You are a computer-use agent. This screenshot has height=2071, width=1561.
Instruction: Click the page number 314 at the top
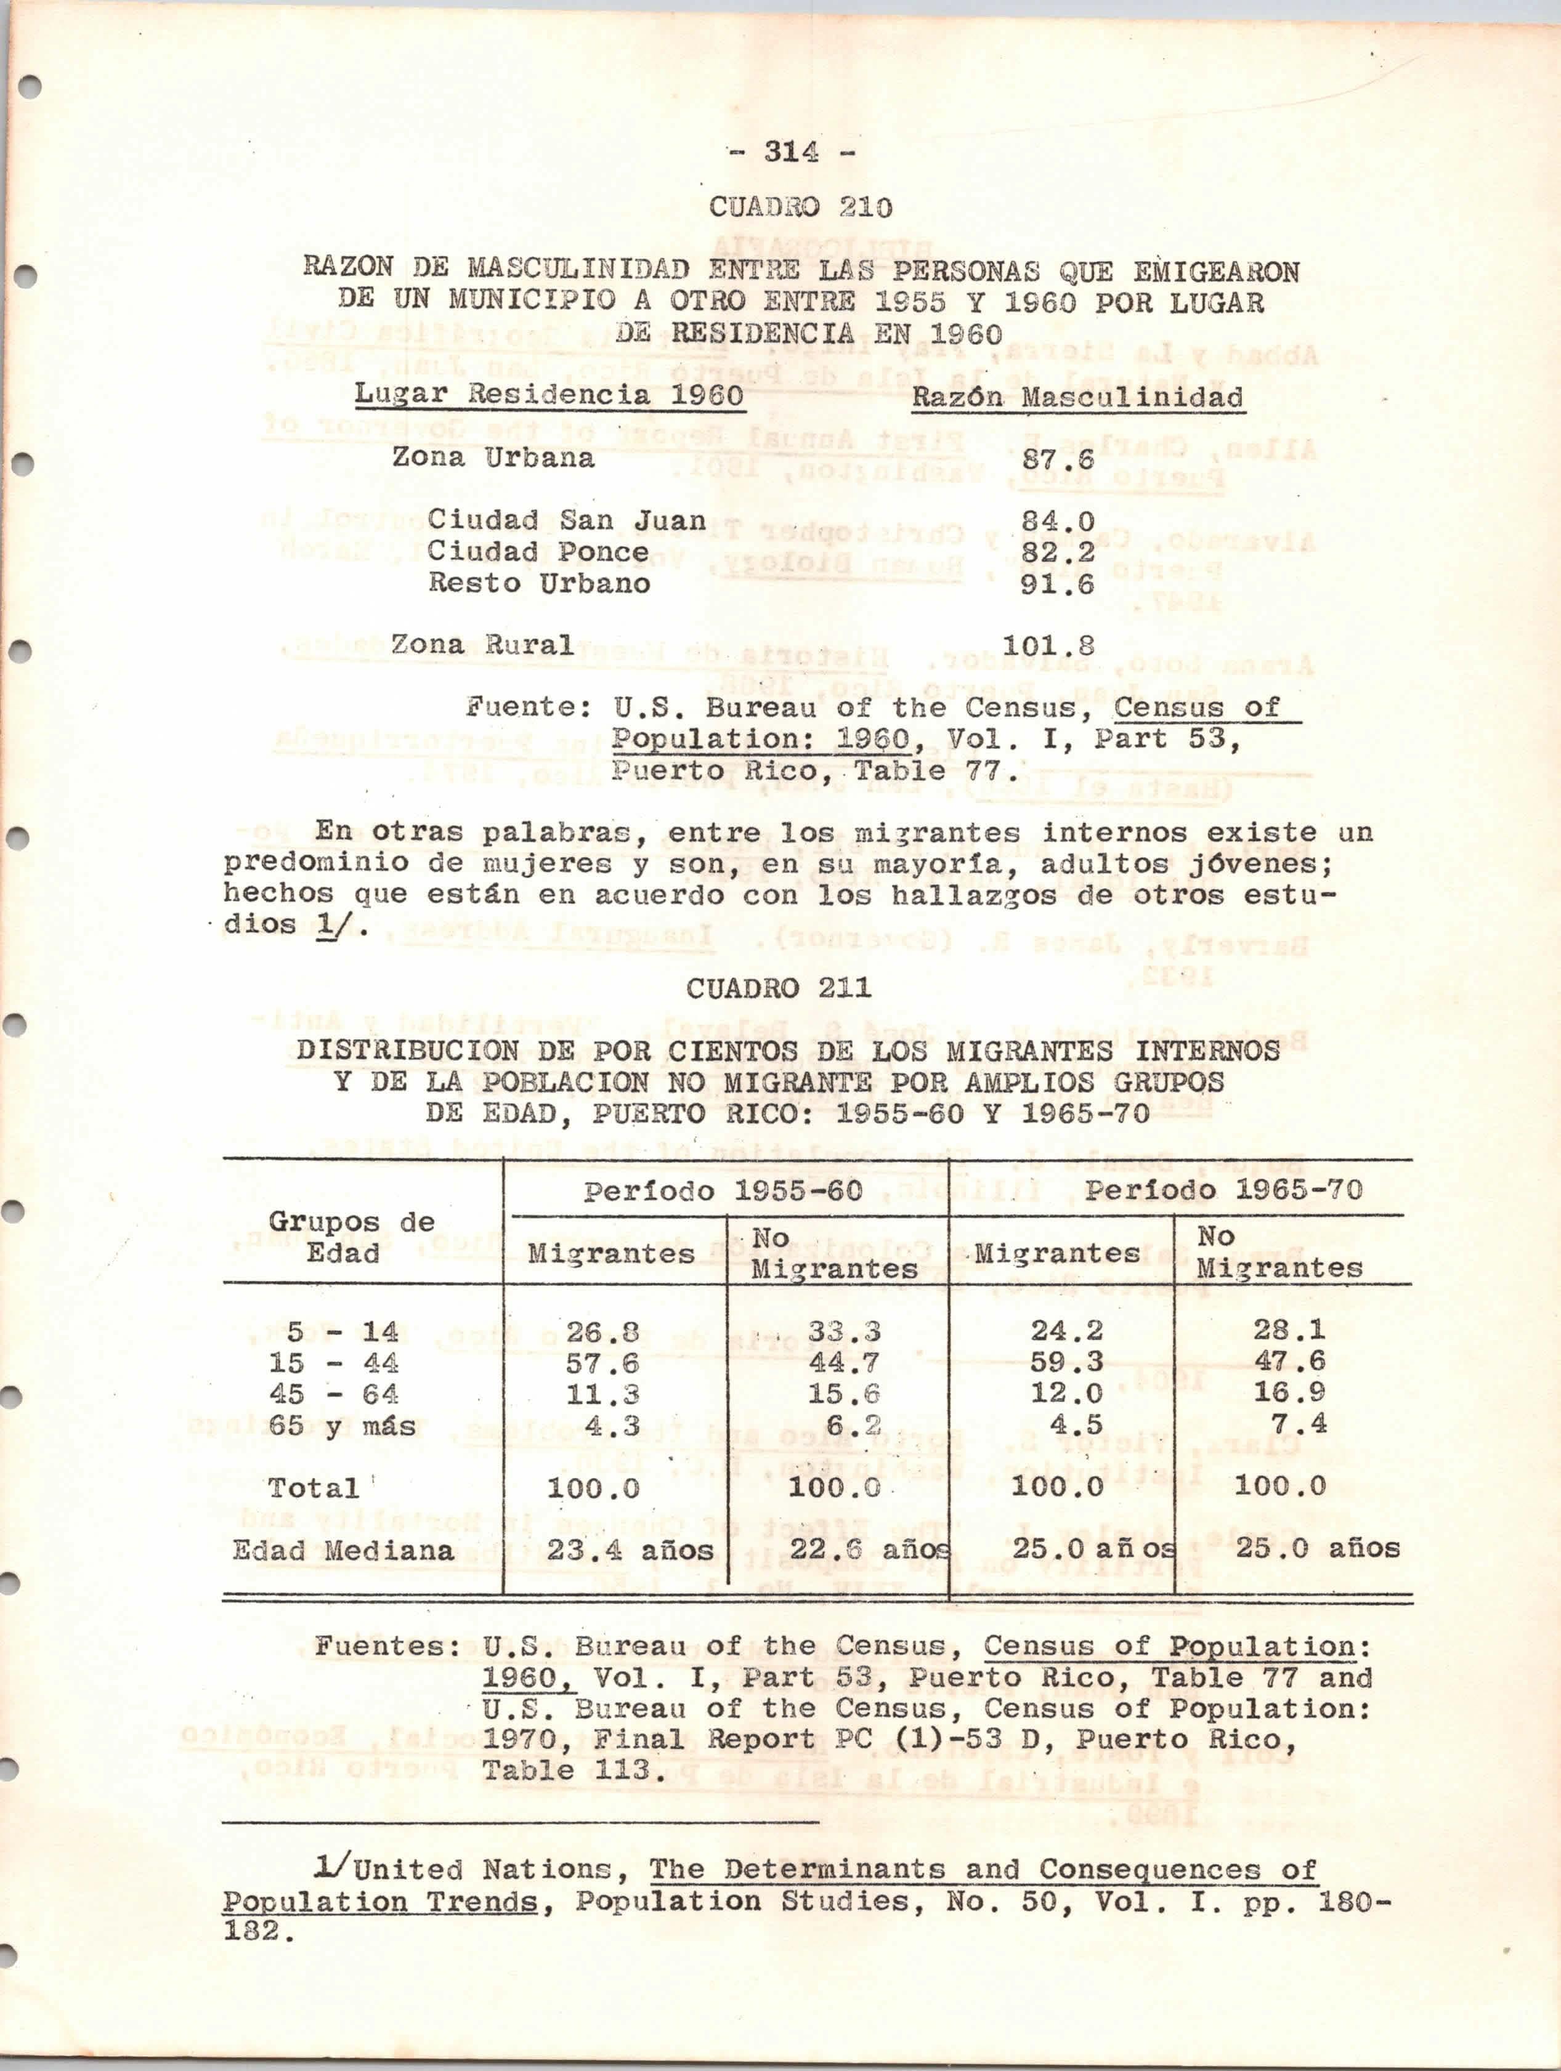click(791, 151)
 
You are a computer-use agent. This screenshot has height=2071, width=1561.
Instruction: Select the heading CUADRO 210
click(801, 207)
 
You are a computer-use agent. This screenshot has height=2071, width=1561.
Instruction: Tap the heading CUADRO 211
click(779, 988)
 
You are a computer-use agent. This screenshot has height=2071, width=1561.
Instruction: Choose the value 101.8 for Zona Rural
click(1048, 646)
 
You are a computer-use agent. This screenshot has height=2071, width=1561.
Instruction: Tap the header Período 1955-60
click(723, 1191)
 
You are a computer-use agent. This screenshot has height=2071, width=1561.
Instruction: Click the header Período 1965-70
click(1223, 1191)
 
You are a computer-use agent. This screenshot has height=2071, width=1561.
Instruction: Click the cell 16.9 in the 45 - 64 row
click(1289, 1393)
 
